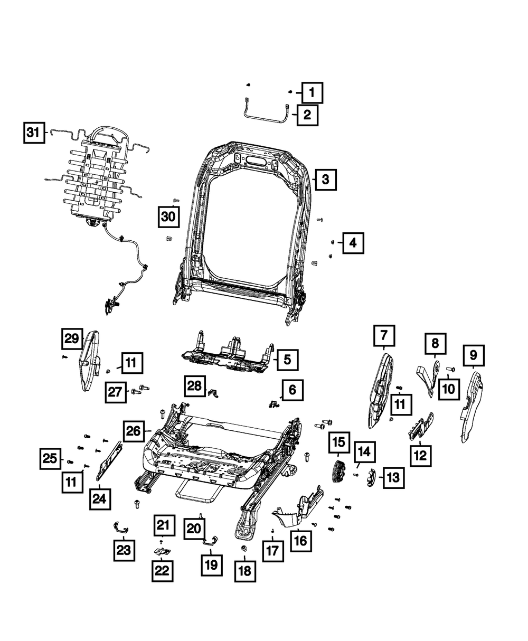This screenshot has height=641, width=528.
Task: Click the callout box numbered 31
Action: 34,133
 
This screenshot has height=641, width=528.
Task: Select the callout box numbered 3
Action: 326,180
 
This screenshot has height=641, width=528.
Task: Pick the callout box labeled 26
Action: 135,431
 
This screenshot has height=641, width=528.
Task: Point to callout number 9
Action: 473,355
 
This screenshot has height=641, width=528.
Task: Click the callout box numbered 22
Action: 164,570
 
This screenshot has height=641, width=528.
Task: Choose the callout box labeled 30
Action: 168,217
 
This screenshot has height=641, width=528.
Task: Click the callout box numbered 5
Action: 287,360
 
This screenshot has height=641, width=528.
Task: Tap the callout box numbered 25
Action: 51,459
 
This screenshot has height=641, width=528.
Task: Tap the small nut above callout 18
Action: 244,549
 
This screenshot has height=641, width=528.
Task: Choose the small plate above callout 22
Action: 163,551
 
